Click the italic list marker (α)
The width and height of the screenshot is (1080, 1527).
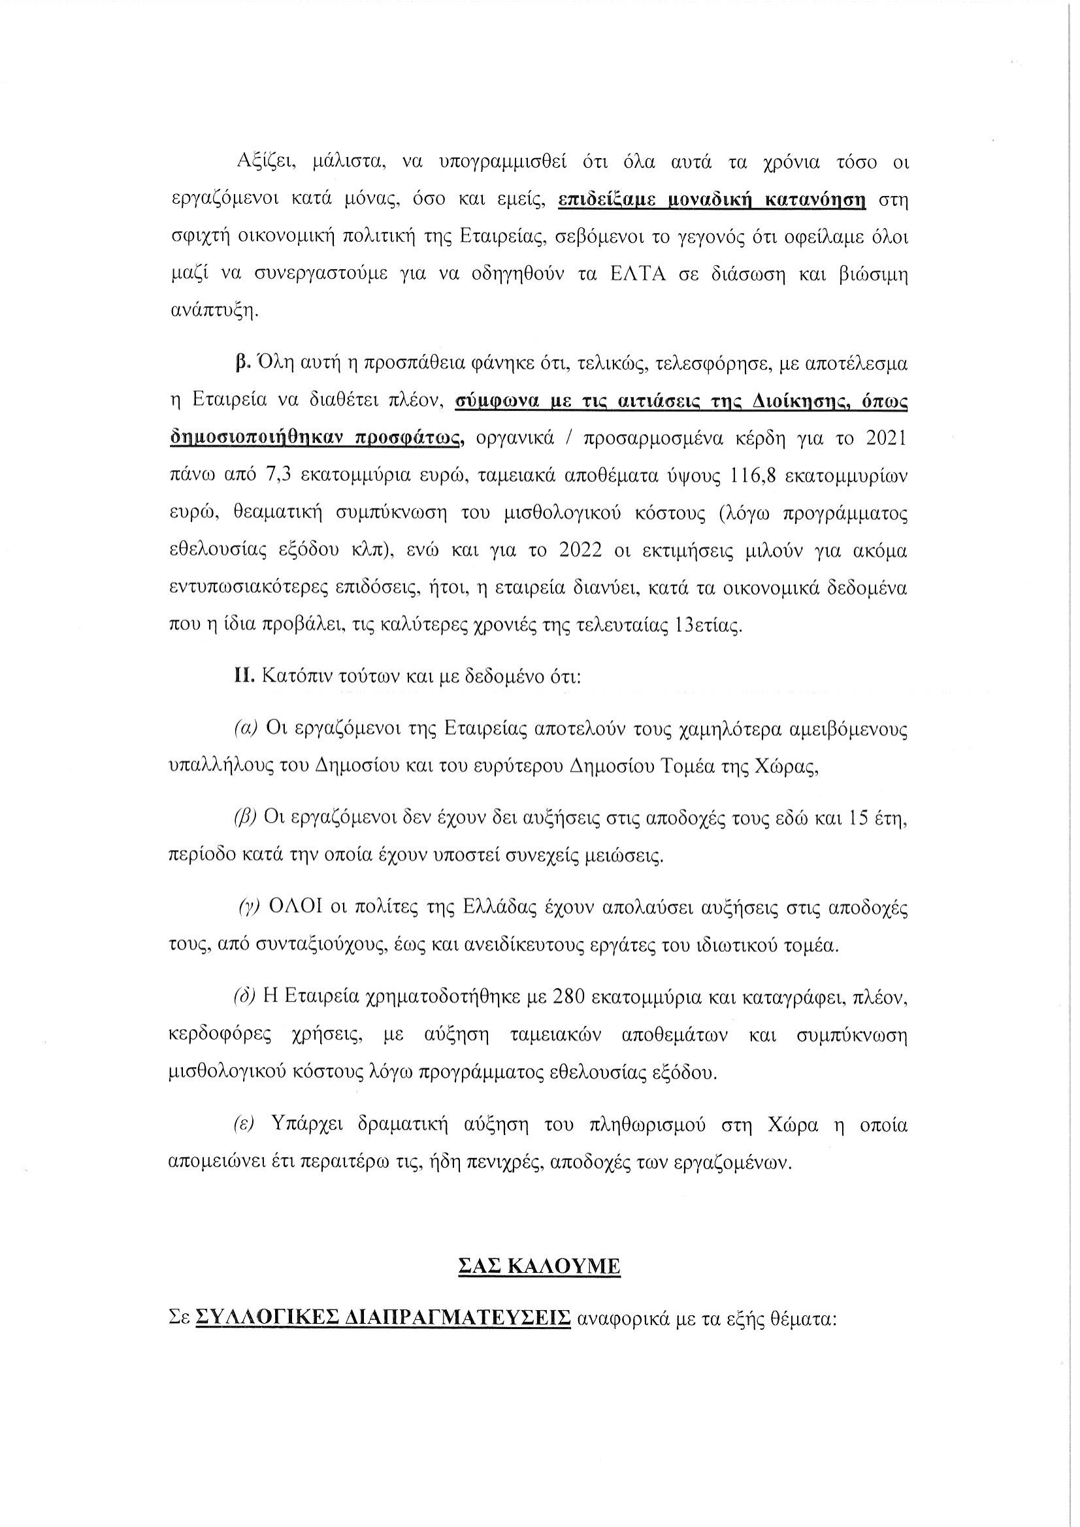[246, 729]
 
